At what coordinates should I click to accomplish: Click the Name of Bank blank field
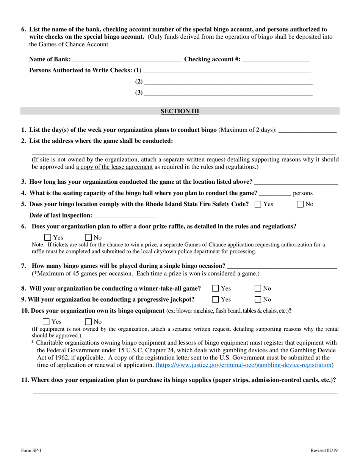[x=127, y=59]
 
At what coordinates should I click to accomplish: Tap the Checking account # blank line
[x=276, y=59]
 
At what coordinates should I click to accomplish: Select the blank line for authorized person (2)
[x=228, y=82]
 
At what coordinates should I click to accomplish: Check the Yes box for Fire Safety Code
[x=258, y=204]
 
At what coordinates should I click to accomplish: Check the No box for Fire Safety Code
[x=300, y=204]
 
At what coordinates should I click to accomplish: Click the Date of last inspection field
[x=124, y=216]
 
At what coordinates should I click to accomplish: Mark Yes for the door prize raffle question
[x=48, y=238]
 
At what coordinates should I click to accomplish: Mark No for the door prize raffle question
[x=89, y=238]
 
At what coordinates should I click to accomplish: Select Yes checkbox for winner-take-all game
[x=216, y=289]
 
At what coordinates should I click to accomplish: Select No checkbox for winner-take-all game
[x=258, y=289]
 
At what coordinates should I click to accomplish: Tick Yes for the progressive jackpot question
[x=216, y=300]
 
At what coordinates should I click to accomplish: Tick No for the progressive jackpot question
[x=258, y=300]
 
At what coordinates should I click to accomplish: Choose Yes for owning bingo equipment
[x=46, y=322]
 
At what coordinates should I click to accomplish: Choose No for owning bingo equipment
[x=89, y=322]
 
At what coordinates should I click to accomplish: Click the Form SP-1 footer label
[x=31, y=450]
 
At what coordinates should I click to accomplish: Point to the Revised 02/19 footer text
[x=324, y=450]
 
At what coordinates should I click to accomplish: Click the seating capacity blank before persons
[x=275, y=194]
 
